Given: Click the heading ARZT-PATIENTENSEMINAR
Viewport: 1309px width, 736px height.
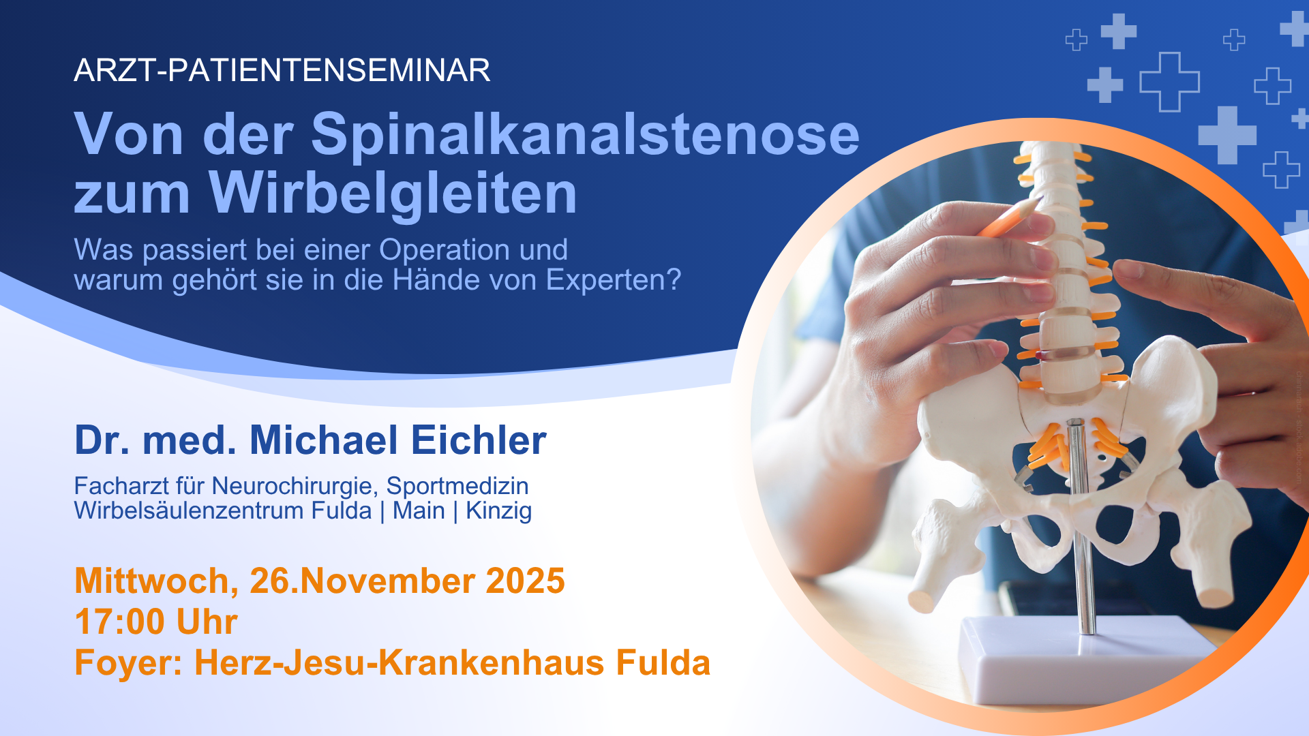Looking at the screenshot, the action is (282, 70).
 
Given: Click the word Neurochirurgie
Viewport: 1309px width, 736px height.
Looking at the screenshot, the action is (295, 487).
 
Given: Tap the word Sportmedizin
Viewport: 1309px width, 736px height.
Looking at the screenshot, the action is (457, 487).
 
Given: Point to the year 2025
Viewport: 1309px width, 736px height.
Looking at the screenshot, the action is (525, 581).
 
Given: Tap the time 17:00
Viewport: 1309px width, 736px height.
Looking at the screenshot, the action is (119, 622).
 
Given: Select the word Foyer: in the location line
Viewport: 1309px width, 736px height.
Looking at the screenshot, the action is (128, 663).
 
